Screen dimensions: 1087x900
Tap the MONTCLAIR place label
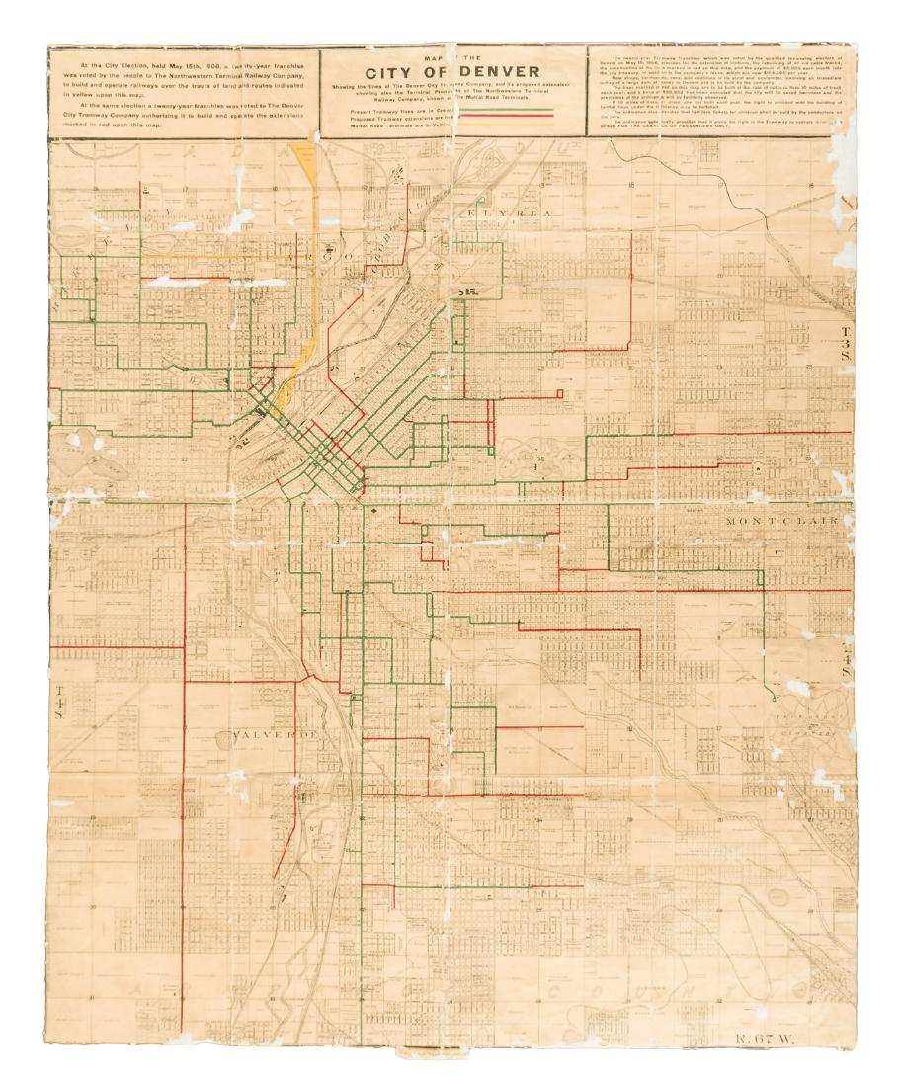pos(781,521)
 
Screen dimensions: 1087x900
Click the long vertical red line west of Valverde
pos(185,820)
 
